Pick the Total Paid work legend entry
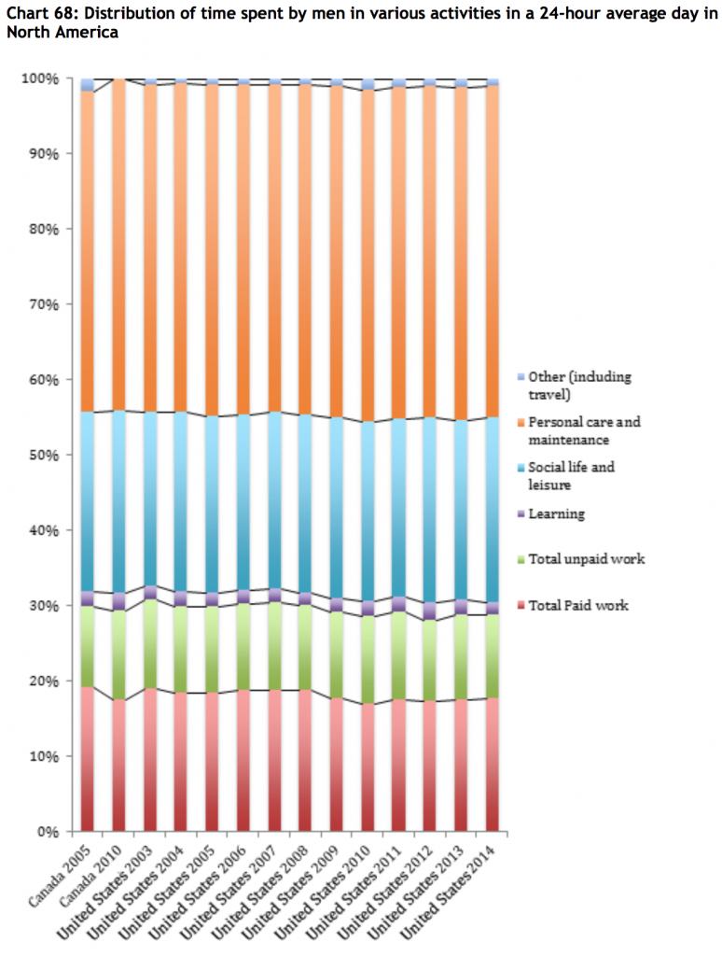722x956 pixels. click(x=578, y=605)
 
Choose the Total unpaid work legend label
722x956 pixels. click(x=586, y=559)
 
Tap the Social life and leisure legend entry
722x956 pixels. click(x=571, y=474)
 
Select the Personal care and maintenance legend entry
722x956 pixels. click(x=584, y=429)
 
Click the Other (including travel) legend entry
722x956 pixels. click(x=578, y=385)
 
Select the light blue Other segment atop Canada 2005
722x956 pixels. click(x=88, y=85)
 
